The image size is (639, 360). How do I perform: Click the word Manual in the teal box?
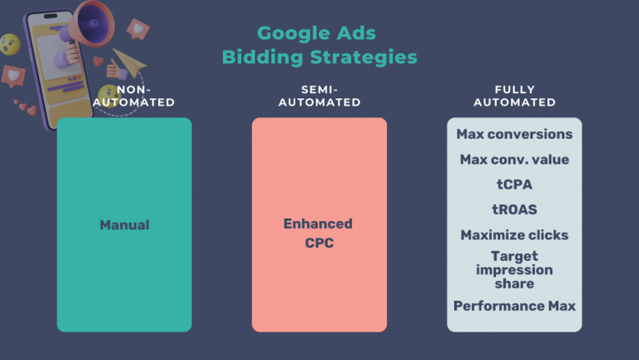124,224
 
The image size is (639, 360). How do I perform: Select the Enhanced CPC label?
319,233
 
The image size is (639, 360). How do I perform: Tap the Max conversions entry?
514,134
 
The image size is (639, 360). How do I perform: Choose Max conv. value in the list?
514,160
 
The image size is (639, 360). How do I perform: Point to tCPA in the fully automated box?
514,185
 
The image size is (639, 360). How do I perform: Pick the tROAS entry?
514,210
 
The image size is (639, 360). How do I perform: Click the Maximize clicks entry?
514,235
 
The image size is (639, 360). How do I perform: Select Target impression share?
514,269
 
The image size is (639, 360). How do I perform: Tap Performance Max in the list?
514,306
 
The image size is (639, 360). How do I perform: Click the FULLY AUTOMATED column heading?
514,96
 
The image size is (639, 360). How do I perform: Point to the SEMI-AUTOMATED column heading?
319,96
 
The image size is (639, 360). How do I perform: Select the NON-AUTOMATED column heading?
134,96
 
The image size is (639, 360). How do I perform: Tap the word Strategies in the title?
364,57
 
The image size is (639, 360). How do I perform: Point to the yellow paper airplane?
129,62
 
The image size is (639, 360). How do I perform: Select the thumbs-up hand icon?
116,70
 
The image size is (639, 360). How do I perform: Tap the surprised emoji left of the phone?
10,44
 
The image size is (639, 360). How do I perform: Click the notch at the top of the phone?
51,17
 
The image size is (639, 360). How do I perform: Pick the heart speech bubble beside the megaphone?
138,29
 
